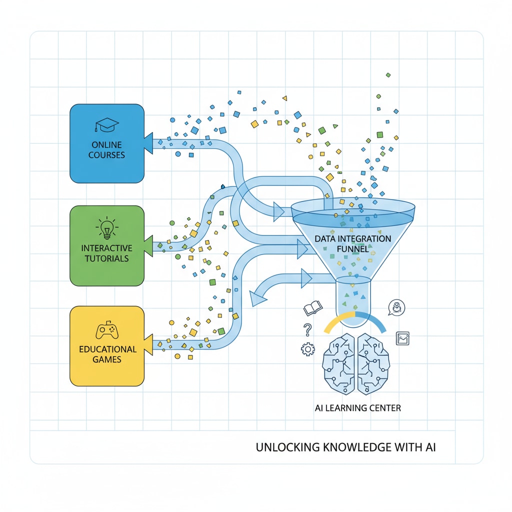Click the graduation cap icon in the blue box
(106, 125)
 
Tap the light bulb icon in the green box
(106, 227)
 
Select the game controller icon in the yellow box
(106, 331)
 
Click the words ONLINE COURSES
(106, 149)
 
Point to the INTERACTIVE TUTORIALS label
(106, 253)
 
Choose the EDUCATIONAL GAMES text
(107, 354)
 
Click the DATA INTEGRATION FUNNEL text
(353, 243)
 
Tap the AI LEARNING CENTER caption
(357, 408)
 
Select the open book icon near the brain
(312, 309)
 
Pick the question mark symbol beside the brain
(307, 329)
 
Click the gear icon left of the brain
(307, 349)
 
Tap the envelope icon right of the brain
(402, 338)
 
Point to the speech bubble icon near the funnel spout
(396, 307)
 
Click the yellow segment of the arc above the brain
(338, 319)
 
